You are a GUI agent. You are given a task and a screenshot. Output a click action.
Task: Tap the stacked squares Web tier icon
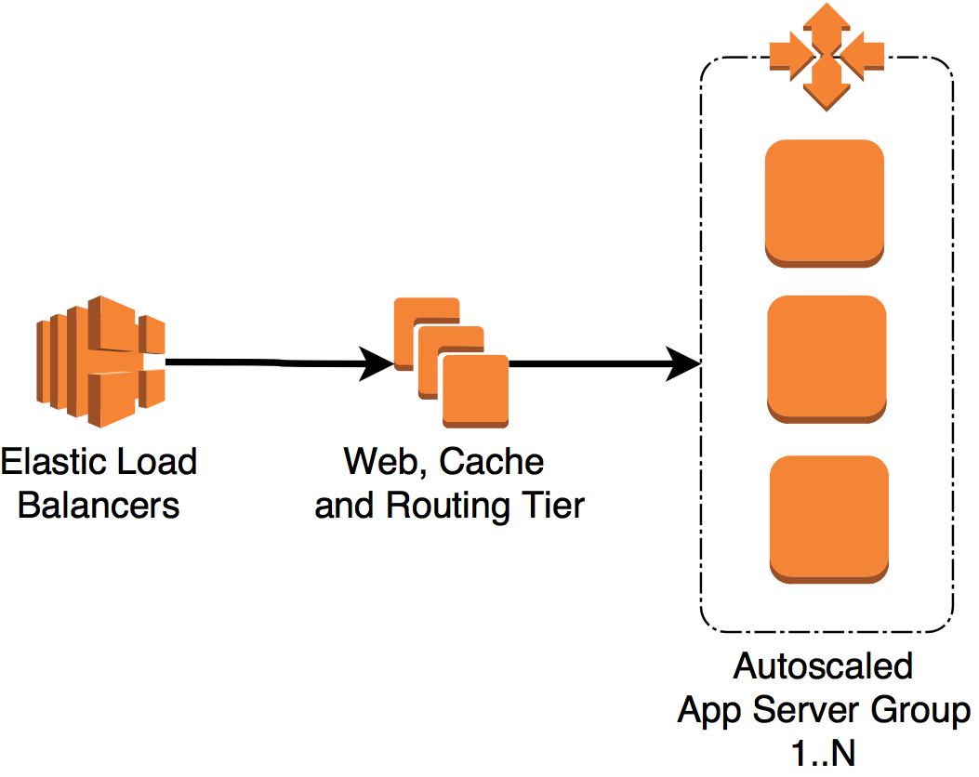(452, 362)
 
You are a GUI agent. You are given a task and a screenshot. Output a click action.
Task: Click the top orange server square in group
(824, 203)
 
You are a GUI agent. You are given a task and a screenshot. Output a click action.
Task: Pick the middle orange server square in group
(827, 359)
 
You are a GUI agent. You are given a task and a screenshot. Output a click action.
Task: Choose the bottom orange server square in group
(829, 519)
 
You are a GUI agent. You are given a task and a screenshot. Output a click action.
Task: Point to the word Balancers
(99, 506)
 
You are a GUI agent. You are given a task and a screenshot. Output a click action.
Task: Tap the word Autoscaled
(824, 666)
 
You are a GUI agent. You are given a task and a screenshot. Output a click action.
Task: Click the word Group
(921, 711)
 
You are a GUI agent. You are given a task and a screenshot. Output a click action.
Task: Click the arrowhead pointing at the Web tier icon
(378, 365)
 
